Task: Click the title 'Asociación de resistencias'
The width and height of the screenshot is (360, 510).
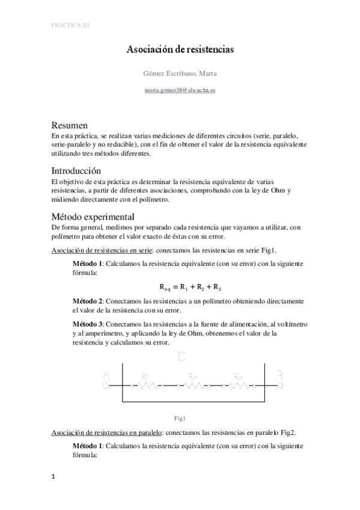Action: pos(180,51)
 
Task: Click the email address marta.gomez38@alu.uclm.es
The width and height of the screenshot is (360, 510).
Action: pos(180,90)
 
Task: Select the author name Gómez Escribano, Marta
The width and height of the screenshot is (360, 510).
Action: pos(180,73)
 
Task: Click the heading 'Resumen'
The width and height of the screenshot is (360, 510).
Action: pos(70,126)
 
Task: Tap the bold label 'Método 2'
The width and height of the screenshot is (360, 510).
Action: pos(87,300)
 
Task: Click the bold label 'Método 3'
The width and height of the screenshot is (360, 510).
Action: pos(87,323)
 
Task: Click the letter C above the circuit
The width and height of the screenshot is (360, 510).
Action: pos(181,358)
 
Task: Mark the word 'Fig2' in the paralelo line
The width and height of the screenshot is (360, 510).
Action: pos(287,432)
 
